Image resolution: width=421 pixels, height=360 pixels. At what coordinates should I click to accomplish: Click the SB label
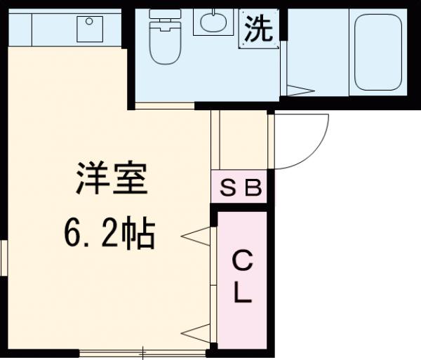(x=241, y=187)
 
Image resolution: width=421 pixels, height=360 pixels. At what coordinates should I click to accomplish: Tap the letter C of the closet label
(x=241, y=263)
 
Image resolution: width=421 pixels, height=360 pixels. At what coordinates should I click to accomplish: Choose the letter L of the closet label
(x=241, y=295)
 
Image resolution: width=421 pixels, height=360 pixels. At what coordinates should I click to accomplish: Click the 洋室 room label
(x=112, y=180)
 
